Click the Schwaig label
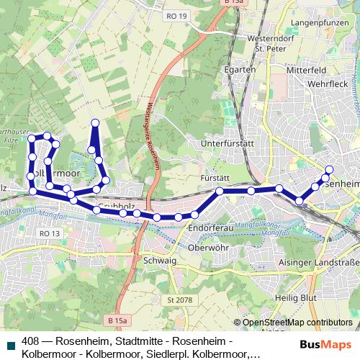(x=160, y=260)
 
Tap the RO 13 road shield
(x=49, y=234)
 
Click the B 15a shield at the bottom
(x=117, y=319)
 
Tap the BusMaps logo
(x=327, y=344)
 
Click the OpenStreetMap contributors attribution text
(x=297, y=323)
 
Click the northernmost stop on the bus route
(x=94, y=122)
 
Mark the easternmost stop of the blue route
(x=329, y=170)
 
